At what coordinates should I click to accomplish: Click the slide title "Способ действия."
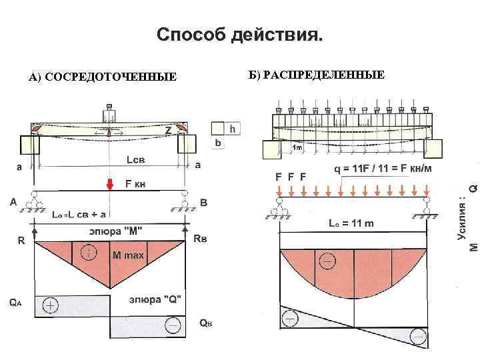(239, 34)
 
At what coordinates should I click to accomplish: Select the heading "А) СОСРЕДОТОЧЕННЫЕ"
(103, 78)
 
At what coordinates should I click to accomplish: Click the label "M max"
(128, 255)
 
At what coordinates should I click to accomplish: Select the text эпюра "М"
(116, 231)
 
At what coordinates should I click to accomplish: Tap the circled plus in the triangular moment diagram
(88, 253)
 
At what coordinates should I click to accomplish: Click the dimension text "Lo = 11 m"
(351, 223)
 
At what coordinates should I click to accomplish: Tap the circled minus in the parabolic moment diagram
(327, 261)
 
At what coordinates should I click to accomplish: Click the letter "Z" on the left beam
(169, 131)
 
